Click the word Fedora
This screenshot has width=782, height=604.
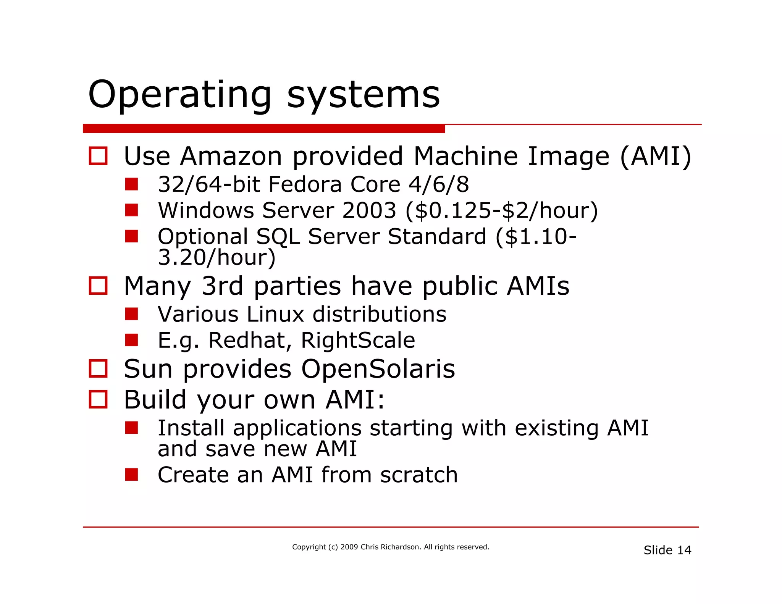pos(305,184)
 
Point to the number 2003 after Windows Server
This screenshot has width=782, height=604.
pos(369,210)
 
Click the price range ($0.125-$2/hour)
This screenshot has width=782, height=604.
pos(501,210)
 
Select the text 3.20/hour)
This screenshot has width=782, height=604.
pos(217,257)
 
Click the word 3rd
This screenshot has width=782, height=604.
pos(222,286)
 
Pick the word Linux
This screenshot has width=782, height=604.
pos(275,314)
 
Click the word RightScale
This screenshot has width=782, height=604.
pos(358,340)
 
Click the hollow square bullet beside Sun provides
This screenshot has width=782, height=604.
pos(98,368)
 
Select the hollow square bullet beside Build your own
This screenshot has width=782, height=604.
pos(98,399)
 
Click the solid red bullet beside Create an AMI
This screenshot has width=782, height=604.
pos(131,475)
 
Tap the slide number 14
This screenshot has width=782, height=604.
pos(684,550)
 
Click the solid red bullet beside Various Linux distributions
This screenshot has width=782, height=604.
pos(131,314)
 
